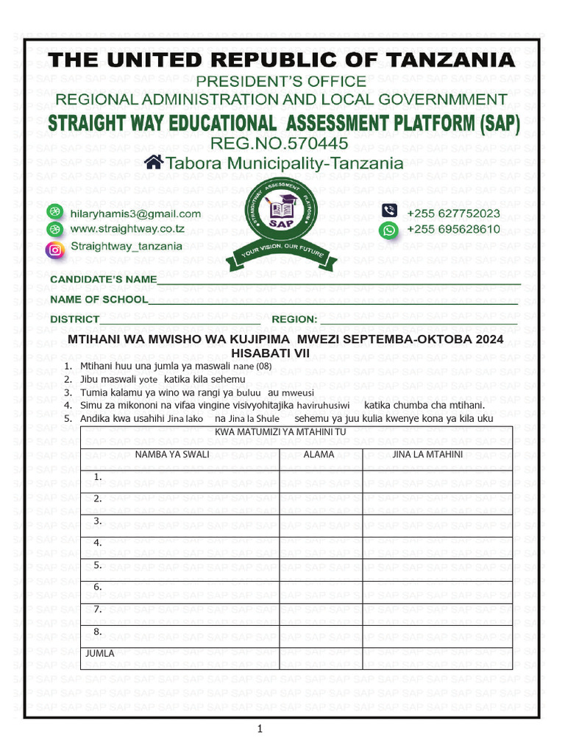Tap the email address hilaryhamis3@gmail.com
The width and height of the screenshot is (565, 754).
click(x=135, y=214)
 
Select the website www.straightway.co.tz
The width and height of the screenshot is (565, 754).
click(x=127, y=230)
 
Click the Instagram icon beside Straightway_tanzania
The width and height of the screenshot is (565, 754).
click(x=55, y=249)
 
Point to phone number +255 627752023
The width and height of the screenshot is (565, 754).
click(x=453, y=214)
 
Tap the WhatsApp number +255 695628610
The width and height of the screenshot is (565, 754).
click(x=453, y=230)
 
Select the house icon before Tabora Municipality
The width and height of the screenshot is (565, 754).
click(x=154, y=162)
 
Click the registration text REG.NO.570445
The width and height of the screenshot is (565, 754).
click(x=279, y=143)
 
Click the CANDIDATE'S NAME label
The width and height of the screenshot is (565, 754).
click(x=103, y=279)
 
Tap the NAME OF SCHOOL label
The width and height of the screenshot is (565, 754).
click(x=99, y=300)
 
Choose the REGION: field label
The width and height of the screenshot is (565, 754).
click(x=294, y=320)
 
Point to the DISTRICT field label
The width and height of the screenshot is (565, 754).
click(x=74, y=320)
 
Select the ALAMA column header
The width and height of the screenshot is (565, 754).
click(x=319, y=454)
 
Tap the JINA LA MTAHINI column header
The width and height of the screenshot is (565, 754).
click(x=427, y=454)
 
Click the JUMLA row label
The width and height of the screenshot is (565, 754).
click(x=100, y=653)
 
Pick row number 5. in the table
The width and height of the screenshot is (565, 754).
click(x=97, y=565)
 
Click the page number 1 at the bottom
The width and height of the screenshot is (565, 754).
click(x=260, y=729)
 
